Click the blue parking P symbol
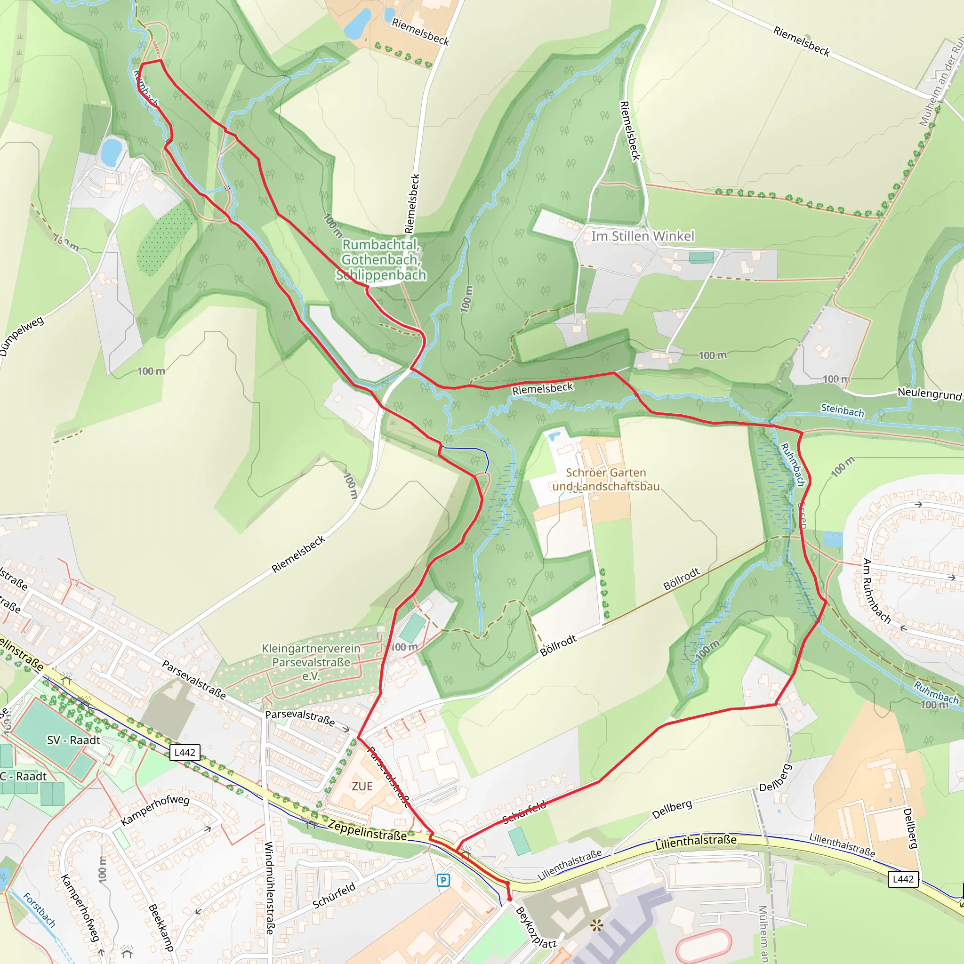443,880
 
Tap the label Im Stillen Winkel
643,236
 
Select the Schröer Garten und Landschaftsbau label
606,480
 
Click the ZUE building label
362,787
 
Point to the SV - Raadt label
74,740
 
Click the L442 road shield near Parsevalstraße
185,753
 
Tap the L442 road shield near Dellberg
903,879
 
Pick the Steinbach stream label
842,410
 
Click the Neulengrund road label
929,394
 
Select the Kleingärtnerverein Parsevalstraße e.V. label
311,662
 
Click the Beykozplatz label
535,928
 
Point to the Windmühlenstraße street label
269,888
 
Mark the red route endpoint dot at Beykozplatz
509,899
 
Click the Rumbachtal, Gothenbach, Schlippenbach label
381,259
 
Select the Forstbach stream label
40,909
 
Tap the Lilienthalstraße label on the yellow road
696,842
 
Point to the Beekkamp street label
161,927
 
